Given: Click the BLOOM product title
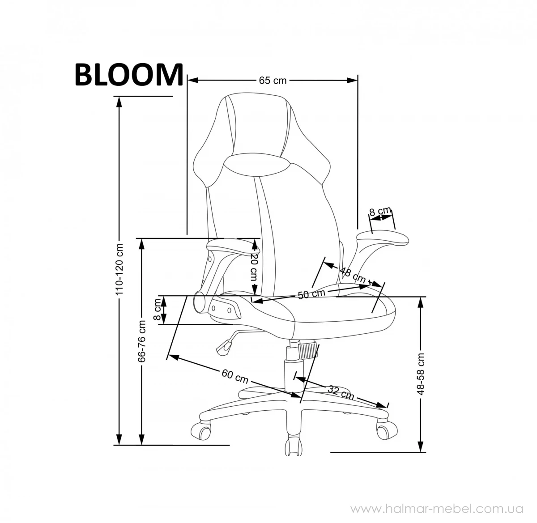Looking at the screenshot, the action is click(x=129, y=74).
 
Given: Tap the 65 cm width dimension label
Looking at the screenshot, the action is click(x=273, y=81).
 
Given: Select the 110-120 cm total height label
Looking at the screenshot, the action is click(x=119, y=269).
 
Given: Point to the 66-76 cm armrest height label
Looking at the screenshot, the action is click(x=142, y=341).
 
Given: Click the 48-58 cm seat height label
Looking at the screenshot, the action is click(x=421, y=374).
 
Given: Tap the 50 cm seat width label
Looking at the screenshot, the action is click(x=311, y=293).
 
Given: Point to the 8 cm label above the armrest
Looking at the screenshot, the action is click(x=380, y=211).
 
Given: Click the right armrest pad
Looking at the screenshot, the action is click(x=383, y=237).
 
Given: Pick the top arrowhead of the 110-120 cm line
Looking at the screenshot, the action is click(x=119, y=102).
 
